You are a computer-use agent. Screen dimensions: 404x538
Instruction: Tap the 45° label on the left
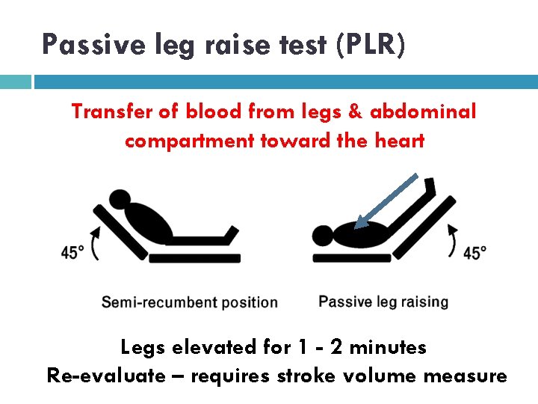coord(72,253)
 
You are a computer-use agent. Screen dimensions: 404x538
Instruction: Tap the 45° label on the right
coord(474,253)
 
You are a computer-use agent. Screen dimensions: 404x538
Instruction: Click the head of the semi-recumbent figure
coord(120,201)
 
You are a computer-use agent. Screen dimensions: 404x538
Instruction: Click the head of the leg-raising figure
coord(324,236)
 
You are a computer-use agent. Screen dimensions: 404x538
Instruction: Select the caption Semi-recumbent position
coord(189,303)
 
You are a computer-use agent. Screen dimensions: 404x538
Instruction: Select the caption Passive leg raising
coord(383,302)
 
